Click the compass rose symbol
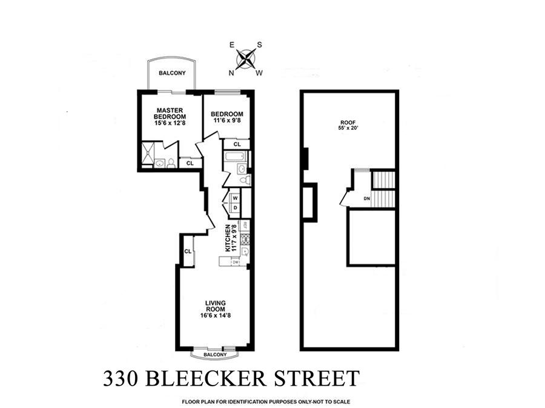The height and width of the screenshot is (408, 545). pos(245,59)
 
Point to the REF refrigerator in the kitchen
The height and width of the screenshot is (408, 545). pos(245,225)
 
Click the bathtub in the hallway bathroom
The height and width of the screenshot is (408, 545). pos(236,158)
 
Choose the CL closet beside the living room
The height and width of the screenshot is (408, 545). pos(188,251)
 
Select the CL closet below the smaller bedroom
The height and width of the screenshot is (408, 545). pos(237,144)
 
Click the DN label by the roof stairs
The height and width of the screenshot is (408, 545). pos(366,199)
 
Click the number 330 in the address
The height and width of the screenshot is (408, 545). pos(121,379)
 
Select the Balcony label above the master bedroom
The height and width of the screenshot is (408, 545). pos(172,74)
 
